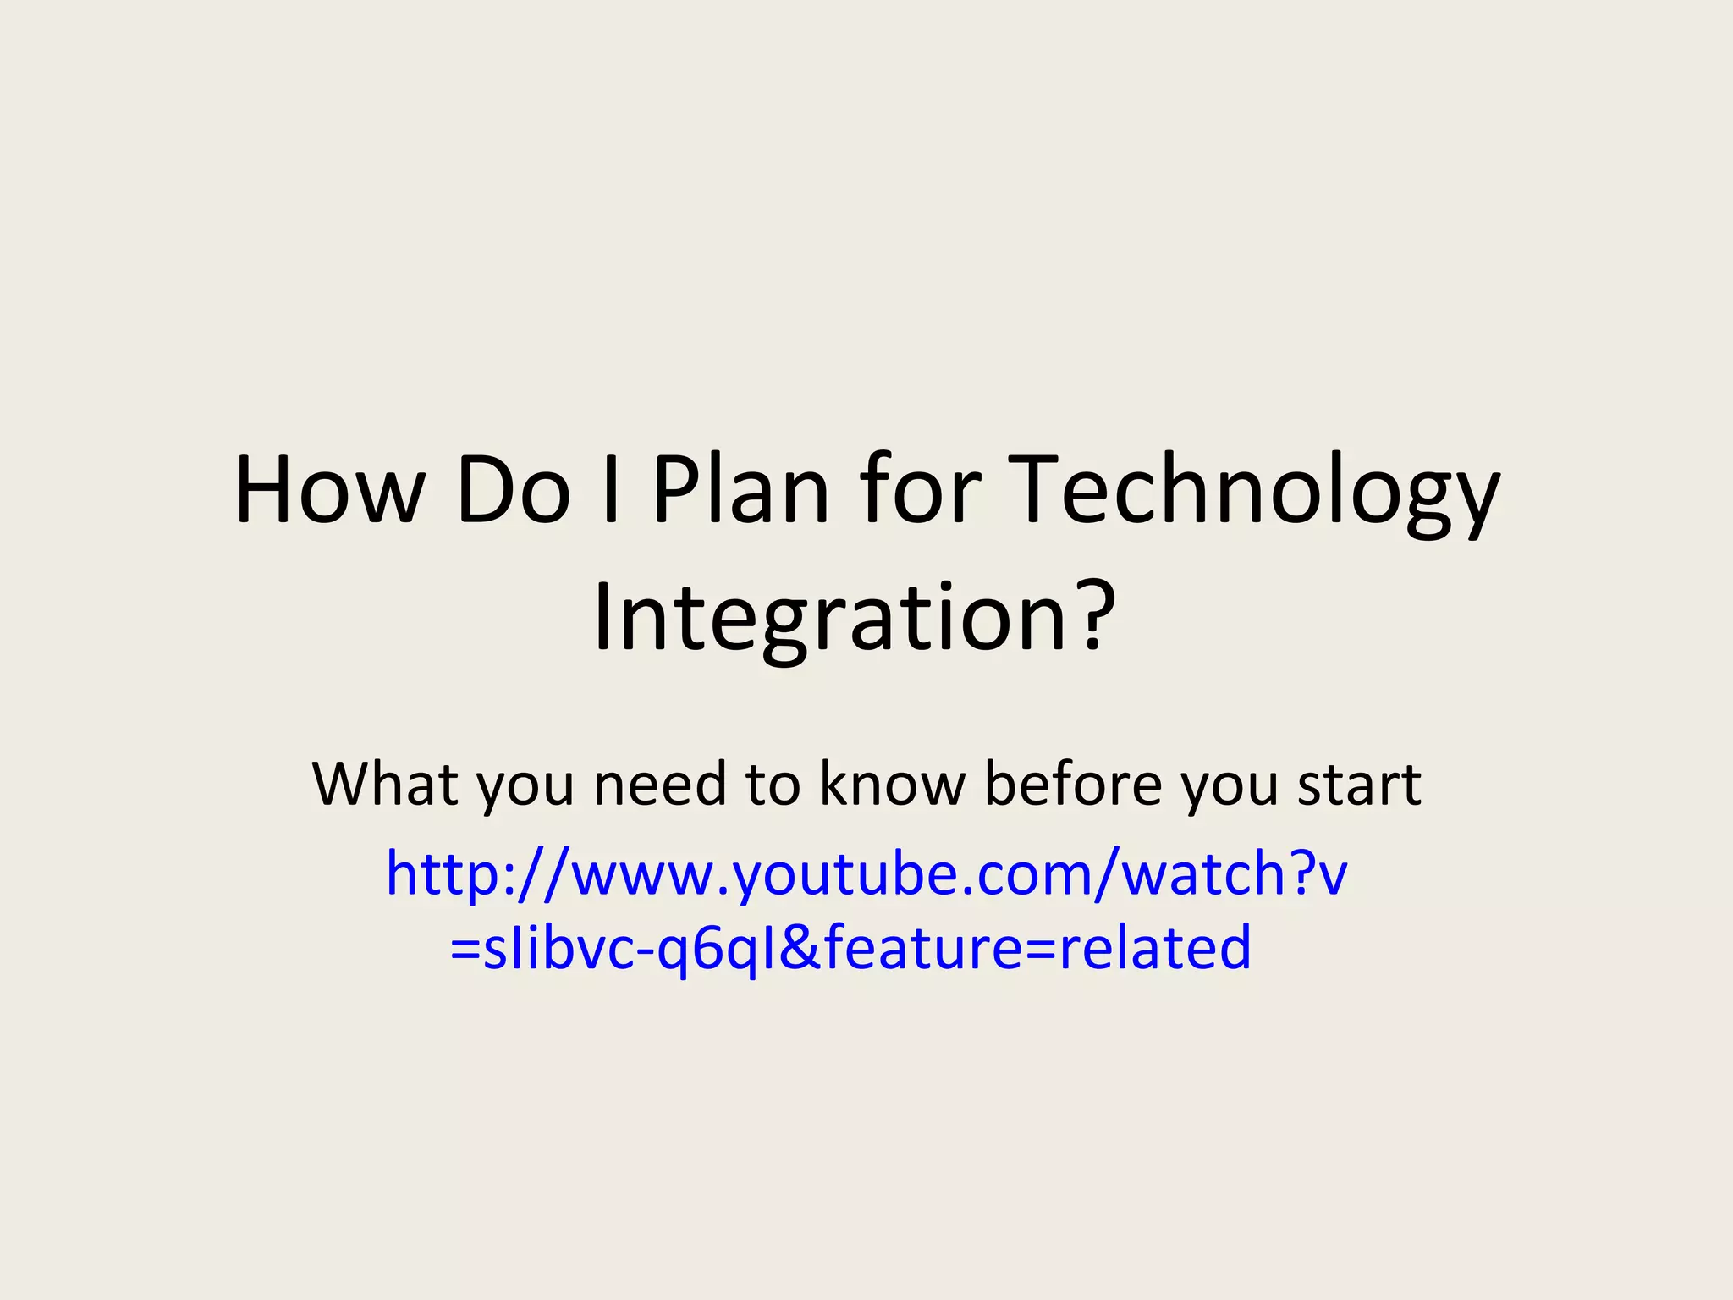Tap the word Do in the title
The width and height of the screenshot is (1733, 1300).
coord(514,492)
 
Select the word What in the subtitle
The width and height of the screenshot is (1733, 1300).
coord(386,784)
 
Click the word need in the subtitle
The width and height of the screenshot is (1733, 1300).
coord(661,784)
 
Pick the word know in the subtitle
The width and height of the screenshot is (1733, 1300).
coord(893,784)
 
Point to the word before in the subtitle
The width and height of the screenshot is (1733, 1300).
coord(1074,784)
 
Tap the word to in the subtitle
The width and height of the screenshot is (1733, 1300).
coord(773,785)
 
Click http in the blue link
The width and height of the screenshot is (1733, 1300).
coord(443,875)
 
